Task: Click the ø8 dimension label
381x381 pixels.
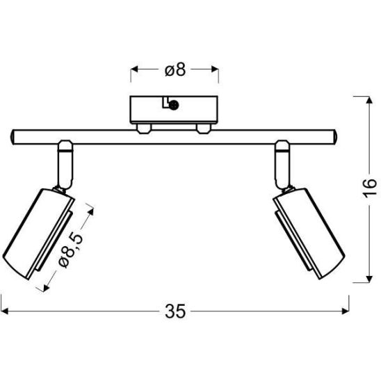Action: pyautogui.click(x=175, y=70)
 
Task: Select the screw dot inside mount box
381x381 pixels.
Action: pyautogui.click(x=175, y=105)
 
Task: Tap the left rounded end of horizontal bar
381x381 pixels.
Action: pyautogui.click(x=14, y=136)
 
